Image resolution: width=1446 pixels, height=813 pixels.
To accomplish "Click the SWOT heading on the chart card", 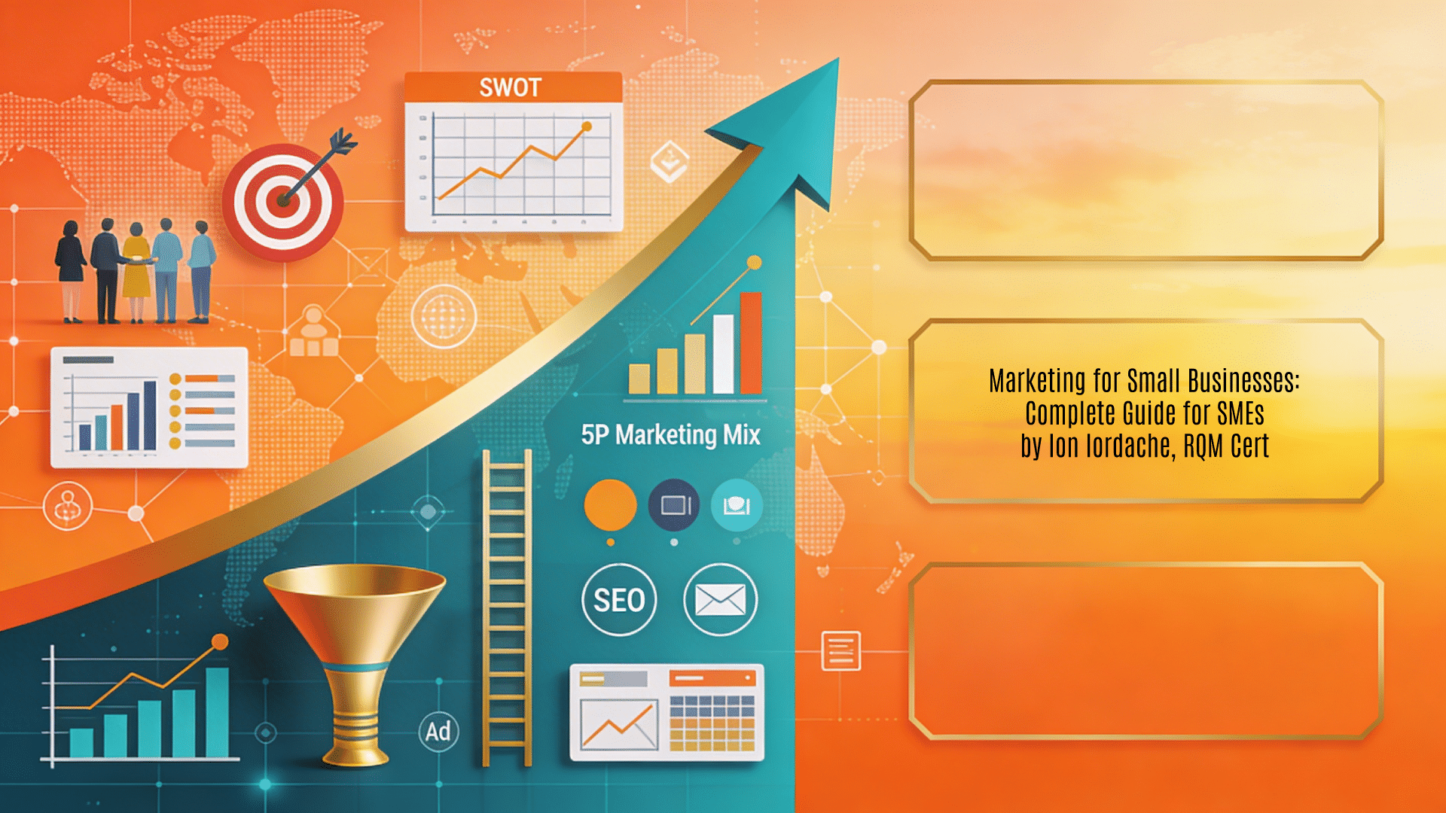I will point(511,87).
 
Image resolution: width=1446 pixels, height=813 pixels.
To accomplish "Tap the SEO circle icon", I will point(619,600).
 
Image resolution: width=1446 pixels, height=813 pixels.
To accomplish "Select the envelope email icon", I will point(720,600).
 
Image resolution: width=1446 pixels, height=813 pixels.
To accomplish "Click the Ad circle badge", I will point(438,731).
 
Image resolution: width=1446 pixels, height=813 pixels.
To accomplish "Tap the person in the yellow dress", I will point(136,271).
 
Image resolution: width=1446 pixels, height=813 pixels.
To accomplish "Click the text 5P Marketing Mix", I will point(670,435).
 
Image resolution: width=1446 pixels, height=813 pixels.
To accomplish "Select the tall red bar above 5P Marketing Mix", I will point(751,343).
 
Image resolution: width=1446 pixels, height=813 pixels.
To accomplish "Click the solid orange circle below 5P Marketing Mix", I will point(610,505).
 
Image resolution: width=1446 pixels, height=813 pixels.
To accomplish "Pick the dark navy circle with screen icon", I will point(674,505).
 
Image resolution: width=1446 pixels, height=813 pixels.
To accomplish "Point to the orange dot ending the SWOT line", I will point(587,126).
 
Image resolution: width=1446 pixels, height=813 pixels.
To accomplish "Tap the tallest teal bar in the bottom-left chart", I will point(217,711).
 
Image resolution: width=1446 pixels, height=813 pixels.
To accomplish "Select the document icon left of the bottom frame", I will point(840,650).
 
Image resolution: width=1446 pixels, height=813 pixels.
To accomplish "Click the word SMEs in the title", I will point(1240,413).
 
